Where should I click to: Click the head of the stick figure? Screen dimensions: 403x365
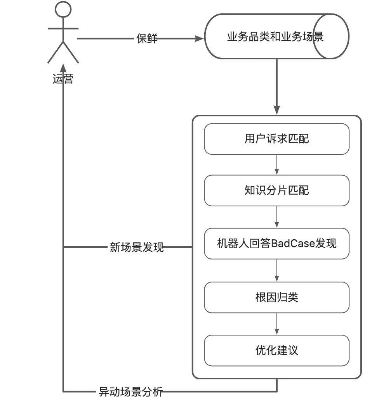[x=63, y=9]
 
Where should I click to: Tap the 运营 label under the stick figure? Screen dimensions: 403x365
[x=63, y=80]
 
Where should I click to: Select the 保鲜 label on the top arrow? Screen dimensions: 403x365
[x=147, y=38]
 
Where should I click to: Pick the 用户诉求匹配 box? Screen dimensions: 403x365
[x=276, y=139]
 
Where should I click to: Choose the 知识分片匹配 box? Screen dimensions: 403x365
[x=276, y=190]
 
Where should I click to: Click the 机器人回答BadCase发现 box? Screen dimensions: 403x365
[x=276, y=244]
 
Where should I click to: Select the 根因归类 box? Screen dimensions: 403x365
[x=276, y=297]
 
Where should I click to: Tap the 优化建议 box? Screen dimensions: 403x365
[x=276, y=351]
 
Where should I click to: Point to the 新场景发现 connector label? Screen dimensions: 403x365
[x=137, y=247]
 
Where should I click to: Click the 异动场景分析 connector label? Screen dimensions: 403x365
[x=130, y=392]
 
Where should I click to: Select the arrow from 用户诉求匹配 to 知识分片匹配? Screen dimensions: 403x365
[x=276, y=164]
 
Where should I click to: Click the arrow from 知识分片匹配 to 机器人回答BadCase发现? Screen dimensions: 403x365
[x=276, y=217]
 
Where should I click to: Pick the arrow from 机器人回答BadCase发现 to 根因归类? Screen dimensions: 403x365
[x=276, y=270]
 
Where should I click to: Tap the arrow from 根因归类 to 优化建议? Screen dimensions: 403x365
[x=276, y=324]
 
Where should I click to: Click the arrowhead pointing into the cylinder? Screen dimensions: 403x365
[x=200, y=38]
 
